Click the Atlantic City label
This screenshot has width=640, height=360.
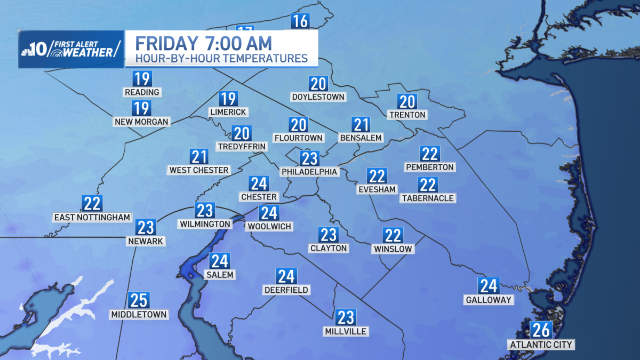(541, 345)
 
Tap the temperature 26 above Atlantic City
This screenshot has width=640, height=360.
(541, 330)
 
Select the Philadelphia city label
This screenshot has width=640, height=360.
(309, 172)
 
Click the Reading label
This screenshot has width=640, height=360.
(142, 92)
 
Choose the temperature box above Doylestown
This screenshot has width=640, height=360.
(318, 83)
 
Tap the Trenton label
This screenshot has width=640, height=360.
(407, 115)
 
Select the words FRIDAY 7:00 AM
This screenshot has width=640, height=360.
(203, 42)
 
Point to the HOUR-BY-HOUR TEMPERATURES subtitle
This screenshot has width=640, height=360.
(221, 58)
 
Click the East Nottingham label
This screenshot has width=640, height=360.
(92, 217)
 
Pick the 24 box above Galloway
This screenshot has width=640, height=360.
(489, 286)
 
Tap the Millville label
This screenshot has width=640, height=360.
(346, 331)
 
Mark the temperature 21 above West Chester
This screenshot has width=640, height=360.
(199, 156)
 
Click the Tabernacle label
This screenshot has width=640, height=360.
(428, 198)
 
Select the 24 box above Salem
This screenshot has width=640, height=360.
(219, 261)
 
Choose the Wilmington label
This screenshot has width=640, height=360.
(205, 224)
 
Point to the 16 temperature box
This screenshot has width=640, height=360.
(300, 21)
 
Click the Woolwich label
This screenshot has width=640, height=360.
(269, 227)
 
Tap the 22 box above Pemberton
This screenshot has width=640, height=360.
(430, 154)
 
